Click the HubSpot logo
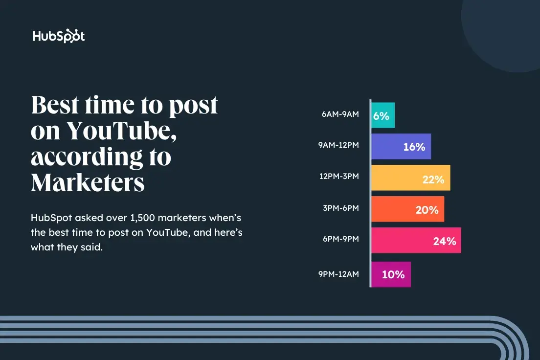(59, 36)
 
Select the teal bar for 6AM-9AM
(383, 115)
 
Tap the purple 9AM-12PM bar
(401, 146)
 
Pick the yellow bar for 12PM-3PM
(410, 178)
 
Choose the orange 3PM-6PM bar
(407, 209)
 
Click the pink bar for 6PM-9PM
(416, 241)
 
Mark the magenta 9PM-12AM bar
(391, 274)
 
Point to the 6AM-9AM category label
(340, 114)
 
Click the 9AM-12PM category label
(338, 145)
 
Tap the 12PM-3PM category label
(338, 176)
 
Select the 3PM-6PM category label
(340, 208)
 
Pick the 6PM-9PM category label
(340, 239)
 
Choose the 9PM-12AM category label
(338, 274)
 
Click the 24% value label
(444, 241)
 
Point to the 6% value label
(381, 116)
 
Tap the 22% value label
(433, 180)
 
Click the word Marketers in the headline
(88, 182)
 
